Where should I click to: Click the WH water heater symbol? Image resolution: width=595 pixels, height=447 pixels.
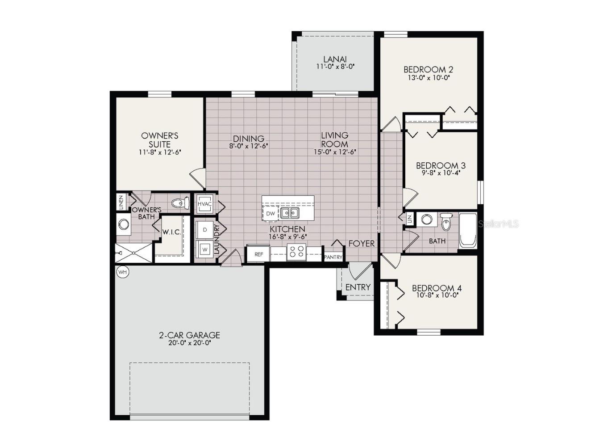click(x=122, y=271)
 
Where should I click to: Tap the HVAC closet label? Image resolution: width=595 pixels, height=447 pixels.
click(x=204, y=204)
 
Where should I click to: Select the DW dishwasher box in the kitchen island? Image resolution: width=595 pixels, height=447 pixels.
click(x=270, y=214)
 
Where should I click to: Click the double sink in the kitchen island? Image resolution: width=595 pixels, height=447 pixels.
click(x=290, y=213)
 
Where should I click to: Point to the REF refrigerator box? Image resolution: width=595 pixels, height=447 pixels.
click(x=258, y=254)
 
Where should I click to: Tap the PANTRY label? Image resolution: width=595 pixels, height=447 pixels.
click(x=333, y=257)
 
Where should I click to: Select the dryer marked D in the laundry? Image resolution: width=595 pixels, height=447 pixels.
click(x=205, y=230)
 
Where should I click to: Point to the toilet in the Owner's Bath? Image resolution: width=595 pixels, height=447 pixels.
click(x=180, y=203)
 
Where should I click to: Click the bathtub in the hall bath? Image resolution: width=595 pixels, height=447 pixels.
click(x=468, y=230)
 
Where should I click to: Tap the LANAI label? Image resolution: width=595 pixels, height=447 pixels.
click(x=334, y=59)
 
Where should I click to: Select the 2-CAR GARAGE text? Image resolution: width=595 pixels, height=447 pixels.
click(x=189, y=335)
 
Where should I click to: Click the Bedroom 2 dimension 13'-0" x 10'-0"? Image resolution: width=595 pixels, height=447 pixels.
click(x=428, y=77)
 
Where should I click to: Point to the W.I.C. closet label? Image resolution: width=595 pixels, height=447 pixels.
click(x=171, y=232)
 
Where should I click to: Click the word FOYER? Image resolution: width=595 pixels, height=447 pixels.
click(x=362, y=244)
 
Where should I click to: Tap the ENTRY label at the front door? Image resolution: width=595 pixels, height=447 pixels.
click(x=358, y=287)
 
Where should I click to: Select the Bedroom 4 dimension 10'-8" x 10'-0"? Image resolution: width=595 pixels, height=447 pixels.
click(x=436, y=295)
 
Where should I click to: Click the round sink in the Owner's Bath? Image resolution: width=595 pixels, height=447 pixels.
click(x=123, y=224)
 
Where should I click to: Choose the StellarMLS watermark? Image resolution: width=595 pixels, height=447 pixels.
click(x=498, y=223)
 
